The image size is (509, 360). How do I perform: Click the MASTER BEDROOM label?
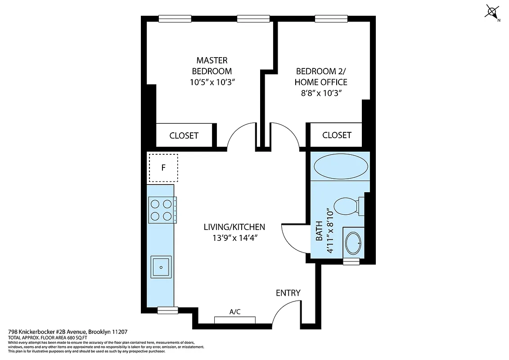pos(212,65)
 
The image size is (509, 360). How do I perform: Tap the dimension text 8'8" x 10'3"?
pos(321,93)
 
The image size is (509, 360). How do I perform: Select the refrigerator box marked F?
pos(163,168)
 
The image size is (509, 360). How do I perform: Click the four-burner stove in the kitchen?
pos(162,210)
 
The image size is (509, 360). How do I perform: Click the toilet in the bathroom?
pos(347,206)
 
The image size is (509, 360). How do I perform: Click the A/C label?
pos(235,311)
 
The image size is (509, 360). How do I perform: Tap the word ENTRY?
pos(288,293)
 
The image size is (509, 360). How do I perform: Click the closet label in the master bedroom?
pos(184,135)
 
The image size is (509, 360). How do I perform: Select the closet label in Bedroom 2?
pos(337,135)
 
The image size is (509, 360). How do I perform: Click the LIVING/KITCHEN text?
pos(234,227)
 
